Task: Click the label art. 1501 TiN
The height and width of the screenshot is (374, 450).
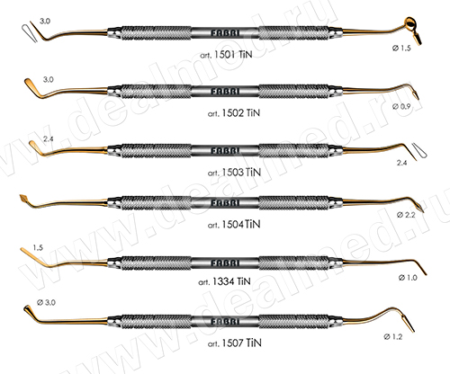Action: coord(226,55)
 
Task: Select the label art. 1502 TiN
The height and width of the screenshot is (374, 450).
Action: coord(234,113)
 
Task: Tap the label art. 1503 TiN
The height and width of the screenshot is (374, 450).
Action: coord(234,173)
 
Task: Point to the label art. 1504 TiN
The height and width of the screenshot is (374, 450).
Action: coord(234,225)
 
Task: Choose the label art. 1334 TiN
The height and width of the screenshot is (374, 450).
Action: coord(224,281)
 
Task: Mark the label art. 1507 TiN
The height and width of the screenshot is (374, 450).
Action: coord(234,343)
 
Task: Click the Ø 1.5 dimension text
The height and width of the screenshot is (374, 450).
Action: coord(401,48)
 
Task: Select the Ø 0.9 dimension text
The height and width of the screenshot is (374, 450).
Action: coord(401,106)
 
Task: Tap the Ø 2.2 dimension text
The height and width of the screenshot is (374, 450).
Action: coord(406,215)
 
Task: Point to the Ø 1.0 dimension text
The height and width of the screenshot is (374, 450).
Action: coord(408,278)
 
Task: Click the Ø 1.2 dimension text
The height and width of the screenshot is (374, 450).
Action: coord(393,337)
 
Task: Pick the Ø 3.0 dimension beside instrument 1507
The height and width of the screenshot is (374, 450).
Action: coord(46,302)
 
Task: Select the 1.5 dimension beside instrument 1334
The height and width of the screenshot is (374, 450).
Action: coord(38,247)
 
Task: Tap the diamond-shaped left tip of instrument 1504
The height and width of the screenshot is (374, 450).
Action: coord(23,199)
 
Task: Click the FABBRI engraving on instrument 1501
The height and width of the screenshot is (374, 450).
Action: coord(225,33)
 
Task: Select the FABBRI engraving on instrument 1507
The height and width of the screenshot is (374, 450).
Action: coord(225,322)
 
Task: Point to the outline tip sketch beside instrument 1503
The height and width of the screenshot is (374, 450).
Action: coord(419,150)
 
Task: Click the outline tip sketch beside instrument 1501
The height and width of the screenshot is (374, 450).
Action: coord(29,33)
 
